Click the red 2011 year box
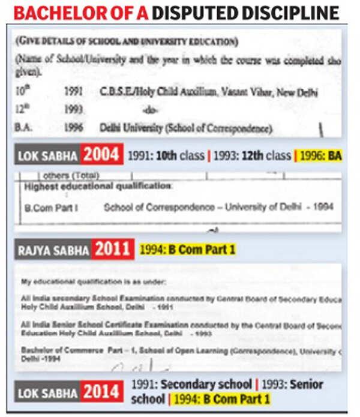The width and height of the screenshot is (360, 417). coord(113,248)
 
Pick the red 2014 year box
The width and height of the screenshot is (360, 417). coord(103,392)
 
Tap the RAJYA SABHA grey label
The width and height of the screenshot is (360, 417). coord(54,249)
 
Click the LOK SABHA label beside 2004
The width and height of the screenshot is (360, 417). coord(47,156)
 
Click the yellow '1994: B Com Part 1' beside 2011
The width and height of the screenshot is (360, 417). coord(187,249)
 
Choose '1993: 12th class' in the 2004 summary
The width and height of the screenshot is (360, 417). coord(251,155)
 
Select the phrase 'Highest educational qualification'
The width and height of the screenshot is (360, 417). coord(97,186)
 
